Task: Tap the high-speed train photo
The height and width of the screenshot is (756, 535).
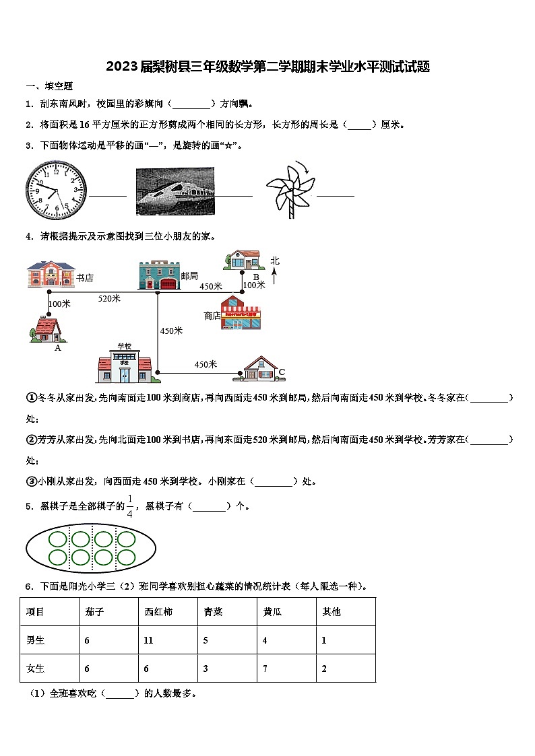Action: (175, 191)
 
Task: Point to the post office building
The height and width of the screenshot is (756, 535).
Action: (159, 275)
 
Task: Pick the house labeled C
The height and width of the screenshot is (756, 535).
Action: (259, 369)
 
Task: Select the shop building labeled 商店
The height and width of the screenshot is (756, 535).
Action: (241, 314)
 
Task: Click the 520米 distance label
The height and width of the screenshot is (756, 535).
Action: (109, 298)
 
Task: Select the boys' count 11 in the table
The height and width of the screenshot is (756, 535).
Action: (148, 640)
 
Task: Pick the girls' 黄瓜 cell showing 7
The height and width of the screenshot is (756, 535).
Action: (265, 668)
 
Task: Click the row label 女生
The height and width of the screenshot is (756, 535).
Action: (35, 668)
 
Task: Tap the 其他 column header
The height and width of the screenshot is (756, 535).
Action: (332, 612)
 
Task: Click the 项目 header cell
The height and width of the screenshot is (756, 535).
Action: (35, 612)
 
